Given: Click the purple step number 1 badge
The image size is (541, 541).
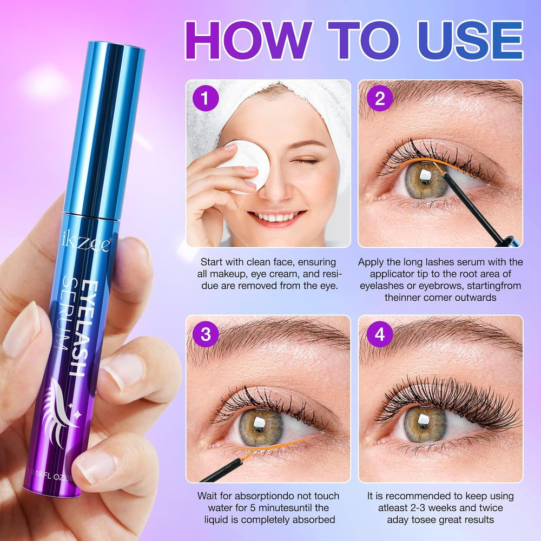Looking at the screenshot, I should pos(205,99).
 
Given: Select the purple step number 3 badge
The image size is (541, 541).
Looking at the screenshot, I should pos(205,334).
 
